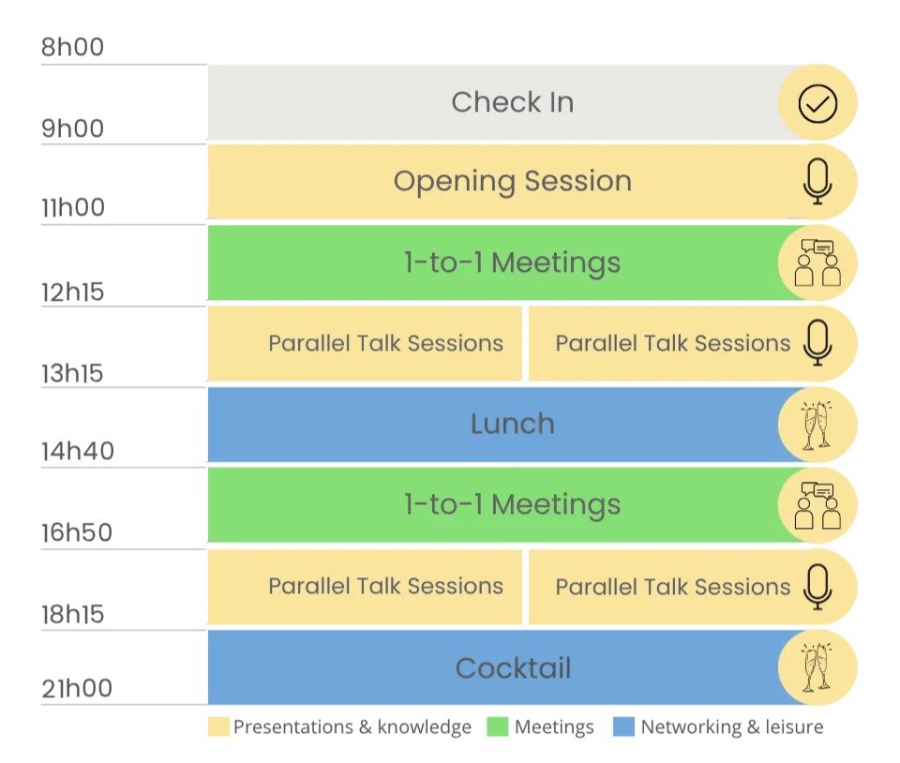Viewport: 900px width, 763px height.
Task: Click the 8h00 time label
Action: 72,47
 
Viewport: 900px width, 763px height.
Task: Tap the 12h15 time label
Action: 72,292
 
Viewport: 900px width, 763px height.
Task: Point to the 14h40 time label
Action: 78,452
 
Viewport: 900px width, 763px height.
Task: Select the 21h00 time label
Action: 77,688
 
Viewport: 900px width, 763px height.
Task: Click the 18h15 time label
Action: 72,614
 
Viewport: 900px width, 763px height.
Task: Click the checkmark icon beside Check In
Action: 817,103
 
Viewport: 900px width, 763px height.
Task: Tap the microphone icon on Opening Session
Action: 817,181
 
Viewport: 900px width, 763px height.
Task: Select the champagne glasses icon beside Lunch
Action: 817,426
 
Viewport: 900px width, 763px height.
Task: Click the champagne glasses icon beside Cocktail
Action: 817,667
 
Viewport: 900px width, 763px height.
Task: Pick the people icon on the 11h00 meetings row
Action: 817,262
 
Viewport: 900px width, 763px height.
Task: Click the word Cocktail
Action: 513,667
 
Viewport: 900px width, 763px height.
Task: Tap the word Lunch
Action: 513,424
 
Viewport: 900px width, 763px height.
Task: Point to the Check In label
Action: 513,102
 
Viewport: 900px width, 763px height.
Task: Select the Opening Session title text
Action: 513,182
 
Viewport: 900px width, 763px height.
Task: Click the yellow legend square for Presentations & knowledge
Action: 218,726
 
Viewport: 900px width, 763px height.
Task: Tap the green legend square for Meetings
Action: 497,726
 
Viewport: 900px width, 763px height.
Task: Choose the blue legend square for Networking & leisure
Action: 624,726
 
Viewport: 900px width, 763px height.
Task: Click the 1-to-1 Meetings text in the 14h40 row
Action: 513,505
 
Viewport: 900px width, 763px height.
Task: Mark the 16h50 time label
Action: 77,533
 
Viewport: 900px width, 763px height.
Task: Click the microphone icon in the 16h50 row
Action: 817,587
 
